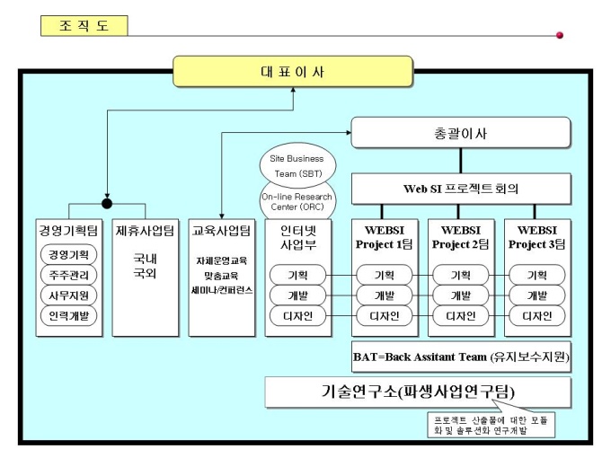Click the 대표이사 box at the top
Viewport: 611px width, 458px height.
click(x=292, y=72)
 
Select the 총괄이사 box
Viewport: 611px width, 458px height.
click(x=460, y=133)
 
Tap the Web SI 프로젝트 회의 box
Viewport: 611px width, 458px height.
click(x=460, y=189)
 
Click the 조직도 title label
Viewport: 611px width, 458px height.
click(x=84, y=25)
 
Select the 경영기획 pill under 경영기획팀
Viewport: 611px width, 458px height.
click(x=69, y=254)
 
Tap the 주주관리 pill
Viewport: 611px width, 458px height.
click(x=69, y=275)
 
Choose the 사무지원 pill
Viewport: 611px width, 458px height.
click(x=69, y=295)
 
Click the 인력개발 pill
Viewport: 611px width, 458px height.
click(x=69, y=316)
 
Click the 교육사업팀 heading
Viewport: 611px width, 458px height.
click(x=222, y=230)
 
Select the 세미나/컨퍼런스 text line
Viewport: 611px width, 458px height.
click(x=222, y=291)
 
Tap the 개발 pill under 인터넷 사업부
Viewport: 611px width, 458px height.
click(x=297, y=295)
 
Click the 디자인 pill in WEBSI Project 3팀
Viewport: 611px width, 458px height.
click(x=536, y=316)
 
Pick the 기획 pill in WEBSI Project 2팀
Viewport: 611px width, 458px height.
click(x=460, y=275)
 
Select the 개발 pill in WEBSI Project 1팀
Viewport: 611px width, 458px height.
click(x=384, y=295)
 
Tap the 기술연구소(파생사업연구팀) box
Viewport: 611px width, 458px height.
click(x=418, y=392)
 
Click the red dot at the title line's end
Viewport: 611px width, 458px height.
click(x=560, y=35)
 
